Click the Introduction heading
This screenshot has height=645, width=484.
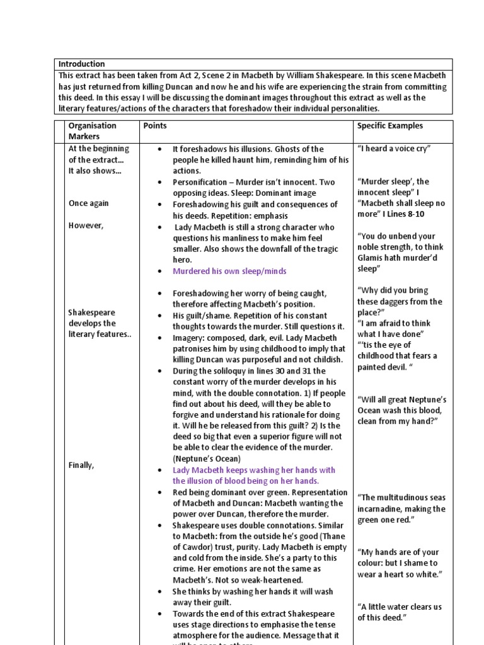pyautogui.click(x=81, y=64)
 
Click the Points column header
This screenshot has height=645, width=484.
pyautogui.click(x=155, y=126)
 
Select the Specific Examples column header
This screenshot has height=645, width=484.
pyautogui.click(x=389, y=126)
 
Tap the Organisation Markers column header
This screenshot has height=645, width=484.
pyautogui.click(x=92, y=131)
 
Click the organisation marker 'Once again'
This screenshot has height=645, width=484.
pyautogui.click(x=88, y=203)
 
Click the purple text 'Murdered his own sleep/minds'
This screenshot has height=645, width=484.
pyautogui.click(x=229, y=271)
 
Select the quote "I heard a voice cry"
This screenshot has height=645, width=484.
pyautogui.click(x=393, y=149)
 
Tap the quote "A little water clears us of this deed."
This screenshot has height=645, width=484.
pyautogui.click(x=400, y=612)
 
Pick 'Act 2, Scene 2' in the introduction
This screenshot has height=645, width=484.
pyautogui.click(x=197, y=76)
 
